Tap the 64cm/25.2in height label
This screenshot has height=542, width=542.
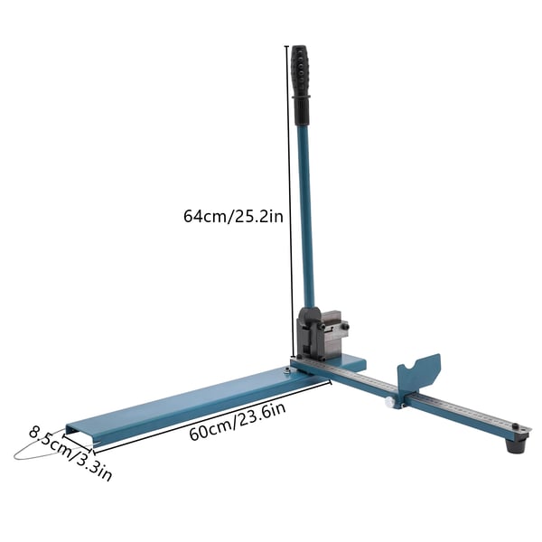[x=233, y=217]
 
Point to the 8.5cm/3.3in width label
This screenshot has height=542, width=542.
[x=70, y=453]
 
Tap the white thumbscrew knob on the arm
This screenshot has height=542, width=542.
[x=390, y=402]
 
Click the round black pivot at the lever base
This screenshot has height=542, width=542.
[x=309, y=315]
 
